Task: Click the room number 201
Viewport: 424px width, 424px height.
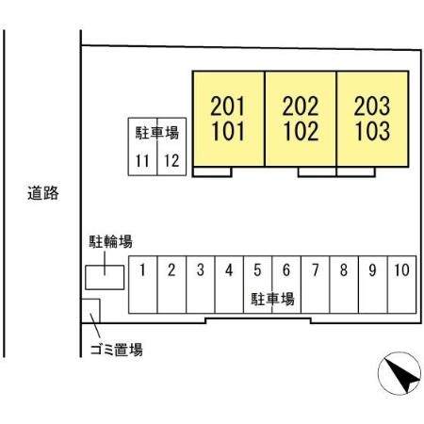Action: pyautogui.click(x=227, y=106)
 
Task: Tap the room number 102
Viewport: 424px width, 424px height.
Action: pyautogui.click(x=301, y=131)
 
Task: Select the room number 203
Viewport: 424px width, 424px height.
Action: pyautogui.click(x=372, y=106)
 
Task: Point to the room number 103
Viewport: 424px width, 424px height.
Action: pyautogui.click(x=372, y=131)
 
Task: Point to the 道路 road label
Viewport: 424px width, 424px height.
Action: pyautogui.click(x=43, y=193)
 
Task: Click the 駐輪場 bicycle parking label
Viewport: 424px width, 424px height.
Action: pyautogui.click(x=110, y=241)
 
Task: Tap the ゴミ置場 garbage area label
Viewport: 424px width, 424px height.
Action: pyautogui.click(x=117, y=350)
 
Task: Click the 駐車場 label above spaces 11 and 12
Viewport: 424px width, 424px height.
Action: pyautogui.click(x=157, y=133)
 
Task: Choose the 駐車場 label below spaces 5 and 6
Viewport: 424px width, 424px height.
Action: pyautogui.click(x=272, y=299)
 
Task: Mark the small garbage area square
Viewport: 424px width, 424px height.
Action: pyautogui.click(x=90, y=311)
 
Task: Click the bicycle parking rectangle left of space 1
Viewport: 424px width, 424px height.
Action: pyautogui.click(x=105, y=277)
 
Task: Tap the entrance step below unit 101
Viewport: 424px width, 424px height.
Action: pyautogui.click(x=212, y=171)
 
